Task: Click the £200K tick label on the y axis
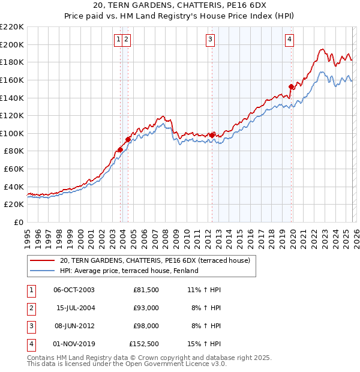(x=12, y=44)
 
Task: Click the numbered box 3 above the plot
(x=211, y=40)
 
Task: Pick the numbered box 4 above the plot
(x=289, y=40)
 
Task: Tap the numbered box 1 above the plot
(x=119, y=40)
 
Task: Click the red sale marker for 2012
(x=212, y=135)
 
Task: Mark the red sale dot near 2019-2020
(x=291, y=86)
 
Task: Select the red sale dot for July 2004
(x=128, y=139)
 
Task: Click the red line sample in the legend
(x=42, y=260)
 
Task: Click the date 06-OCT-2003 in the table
(x=74, y=289)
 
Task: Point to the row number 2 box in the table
(x=30, y=308)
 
